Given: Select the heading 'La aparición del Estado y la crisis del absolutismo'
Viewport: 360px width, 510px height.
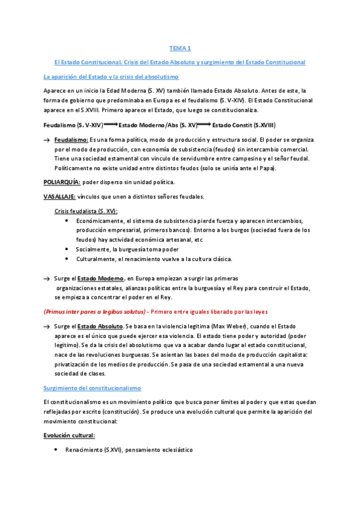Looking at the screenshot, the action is coord(111,76).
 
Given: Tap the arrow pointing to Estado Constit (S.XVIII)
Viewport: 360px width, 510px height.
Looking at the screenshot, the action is coord(204,124).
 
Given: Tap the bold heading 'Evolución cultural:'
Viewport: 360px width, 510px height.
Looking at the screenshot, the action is coord(69,434).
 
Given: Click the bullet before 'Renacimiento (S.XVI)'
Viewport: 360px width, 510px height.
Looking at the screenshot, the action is coord(56,449).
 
